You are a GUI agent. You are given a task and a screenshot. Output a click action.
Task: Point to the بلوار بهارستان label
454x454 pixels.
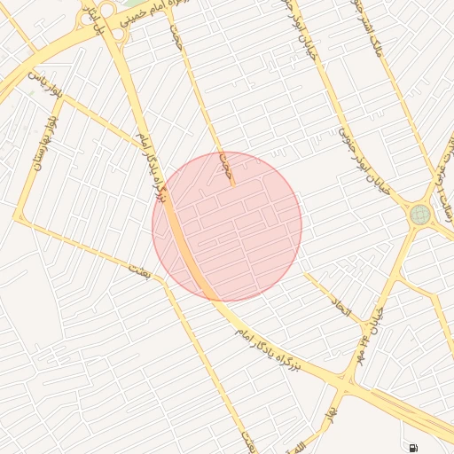click(x=44, y=143)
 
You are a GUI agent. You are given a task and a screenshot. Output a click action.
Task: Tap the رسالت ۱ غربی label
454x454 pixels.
click(x=443, y=168)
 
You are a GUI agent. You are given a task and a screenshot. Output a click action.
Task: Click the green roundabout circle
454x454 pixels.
click(x=419, y=214)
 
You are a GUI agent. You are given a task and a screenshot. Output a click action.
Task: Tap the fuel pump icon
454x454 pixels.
click(x=413, y=447)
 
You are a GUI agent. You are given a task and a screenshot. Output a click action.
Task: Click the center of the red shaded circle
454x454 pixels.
click(x=227, y=226)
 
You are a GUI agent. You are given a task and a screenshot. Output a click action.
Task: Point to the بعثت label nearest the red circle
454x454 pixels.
click(x=141, y=271)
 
